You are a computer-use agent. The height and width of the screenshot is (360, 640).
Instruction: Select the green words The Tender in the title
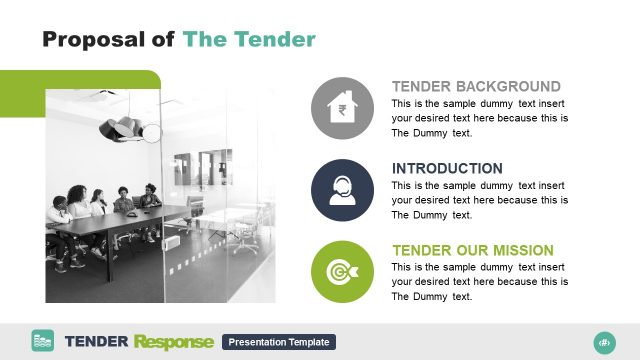pos(249,39)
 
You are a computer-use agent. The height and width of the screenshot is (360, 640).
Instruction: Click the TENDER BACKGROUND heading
pos(476,87)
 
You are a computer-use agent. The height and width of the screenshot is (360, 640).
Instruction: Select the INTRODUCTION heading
pos(447,168)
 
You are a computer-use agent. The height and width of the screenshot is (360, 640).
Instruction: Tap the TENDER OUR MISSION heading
pos(472,250)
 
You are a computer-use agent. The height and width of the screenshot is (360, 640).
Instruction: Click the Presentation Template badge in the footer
pos(279,342)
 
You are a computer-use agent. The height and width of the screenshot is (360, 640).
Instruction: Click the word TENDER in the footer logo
pos(96,342)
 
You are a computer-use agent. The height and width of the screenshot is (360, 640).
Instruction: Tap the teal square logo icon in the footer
pos(43,341)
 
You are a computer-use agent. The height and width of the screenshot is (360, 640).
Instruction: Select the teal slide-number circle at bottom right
pos(604,342)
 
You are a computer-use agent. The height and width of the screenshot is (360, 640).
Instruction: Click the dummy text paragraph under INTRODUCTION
pos(480,200)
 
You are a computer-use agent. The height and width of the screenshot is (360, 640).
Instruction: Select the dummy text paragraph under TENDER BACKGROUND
pos(480,118)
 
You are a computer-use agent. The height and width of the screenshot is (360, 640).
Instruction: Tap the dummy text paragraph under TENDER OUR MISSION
pos(480,282)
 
